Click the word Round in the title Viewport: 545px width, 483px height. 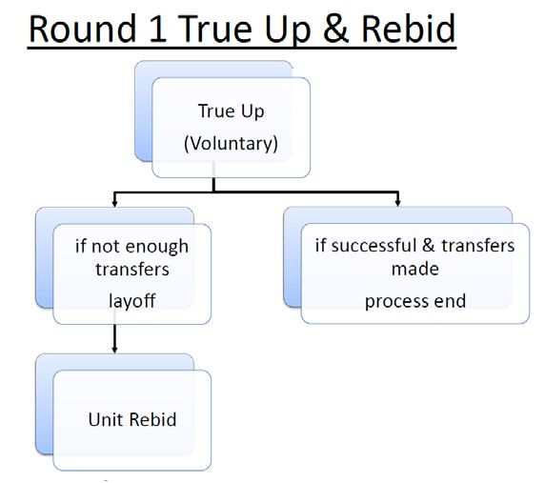[x=83, y=29]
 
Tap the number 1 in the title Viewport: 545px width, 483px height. [x=158, y=30]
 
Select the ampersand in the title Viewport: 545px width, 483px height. [x=335, y=30]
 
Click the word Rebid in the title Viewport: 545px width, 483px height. [x=409, y=29]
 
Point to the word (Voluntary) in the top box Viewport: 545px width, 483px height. [x=231, y=143]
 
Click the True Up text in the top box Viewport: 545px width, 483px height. [x=231, y=111]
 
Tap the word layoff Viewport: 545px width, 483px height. [x=132, y=301]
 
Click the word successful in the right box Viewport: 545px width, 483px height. [x=373, y=246]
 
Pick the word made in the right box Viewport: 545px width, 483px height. [x=415, y=269]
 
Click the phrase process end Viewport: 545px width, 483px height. [x=415, y=302]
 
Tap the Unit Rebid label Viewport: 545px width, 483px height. [x=132, y=419]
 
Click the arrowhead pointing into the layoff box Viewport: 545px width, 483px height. [x=114, y=203]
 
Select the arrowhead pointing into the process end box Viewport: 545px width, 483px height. [x=398, y=203]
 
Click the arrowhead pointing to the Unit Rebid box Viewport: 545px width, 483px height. [x=114, y=350]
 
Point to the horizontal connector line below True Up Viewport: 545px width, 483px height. [x=256, y=191]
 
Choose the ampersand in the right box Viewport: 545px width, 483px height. [x=429, y=246]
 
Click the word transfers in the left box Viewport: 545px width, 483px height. [x=132, y=270]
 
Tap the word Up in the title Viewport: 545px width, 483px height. [x=287, y=31]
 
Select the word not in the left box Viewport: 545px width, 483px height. [x=106, y=247]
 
